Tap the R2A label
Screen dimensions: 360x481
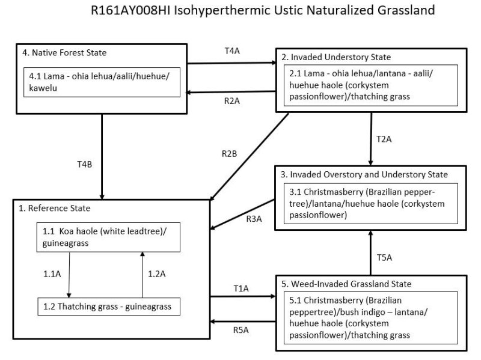point(231,102)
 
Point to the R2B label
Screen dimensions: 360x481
point(229,153)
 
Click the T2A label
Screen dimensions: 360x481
point(384,139)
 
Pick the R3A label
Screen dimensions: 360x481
point(254,219)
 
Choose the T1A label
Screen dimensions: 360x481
point(242,288)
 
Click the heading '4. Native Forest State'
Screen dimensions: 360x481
point(64,52)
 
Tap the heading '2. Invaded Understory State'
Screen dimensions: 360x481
point(336,57)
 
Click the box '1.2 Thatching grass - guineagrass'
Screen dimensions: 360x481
point(107,307)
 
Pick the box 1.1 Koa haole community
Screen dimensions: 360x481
point(107,236)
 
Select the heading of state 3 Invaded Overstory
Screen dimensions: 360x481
point(364,174)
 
